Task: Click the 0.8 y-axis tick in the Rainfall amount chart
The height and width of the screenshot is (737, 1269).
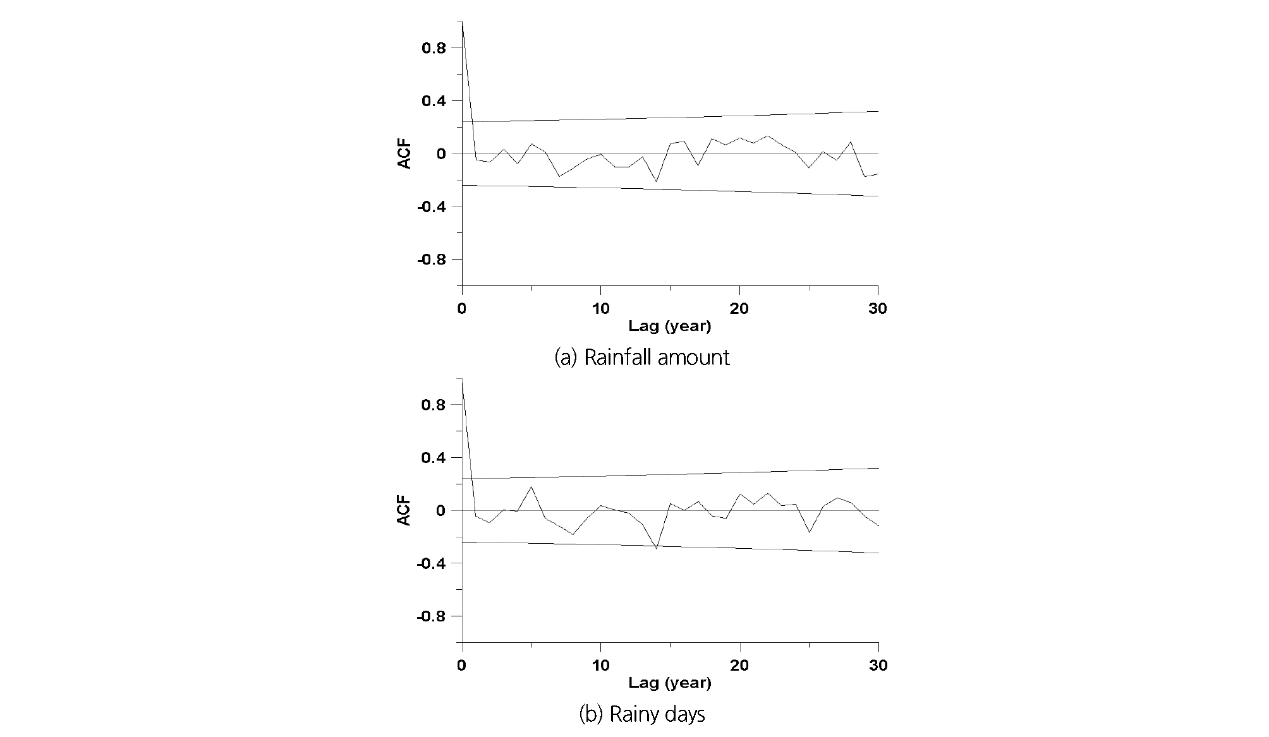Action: coord(433,48)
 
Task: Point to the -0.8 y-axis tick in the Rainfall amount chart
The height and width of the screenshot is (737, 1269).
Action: coord(430,260)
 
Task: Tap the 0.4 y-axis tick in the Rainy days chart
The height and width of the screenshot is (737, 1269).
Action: coord(433,457)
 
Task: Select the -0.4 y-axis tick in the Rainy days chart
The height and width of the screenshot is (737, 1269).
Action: coord(430,563)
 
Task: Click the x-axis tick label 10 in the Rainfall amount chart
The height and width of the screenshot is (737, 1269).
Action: coord(600,309)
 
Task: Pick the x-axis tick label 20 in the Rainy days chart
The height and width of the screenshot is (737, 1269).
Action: coord(739,665)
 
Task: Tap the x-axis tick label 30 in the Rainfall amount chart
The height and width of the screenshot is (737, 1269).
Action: coord(878,309)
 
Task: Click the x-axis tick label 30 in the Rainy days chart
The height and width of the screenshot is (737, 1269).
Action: coord(878,665)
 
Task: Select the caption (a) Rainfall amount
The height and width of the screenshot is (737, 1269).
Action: coord(641,357)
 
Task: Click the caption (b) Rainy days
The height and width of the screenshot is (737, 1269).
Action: coord(641,715)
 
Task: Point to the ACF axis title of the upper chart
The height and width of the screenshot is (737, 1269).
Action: coord(404,154)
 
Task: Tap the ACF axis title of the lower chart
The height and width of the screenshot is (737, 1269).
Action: coord(404,510)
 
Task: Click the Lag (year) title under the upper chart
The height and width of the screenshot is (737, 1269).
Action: coord(669,327)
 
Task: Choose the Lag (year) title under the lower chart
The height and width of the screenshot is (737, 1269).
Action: coord(669,683)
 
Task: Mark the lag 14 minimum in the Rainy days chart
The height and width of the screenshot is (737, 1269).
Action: coord(657,548)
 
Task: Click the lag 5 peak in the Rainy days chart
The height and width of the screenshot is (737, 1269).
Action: coord(531,486)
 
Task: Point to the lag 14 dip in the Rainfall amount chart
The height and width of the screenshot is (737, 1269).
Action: coord(657,182)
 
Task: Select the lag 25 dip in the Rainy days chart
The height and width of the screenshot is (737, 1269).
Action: coord(809,532)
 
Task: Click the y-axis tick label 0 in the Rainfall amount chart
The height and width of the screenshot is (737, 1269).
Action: coord(441,154)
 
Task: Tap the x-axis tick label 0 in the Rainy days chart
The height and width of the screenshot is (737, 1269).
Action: coord(462,665)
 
